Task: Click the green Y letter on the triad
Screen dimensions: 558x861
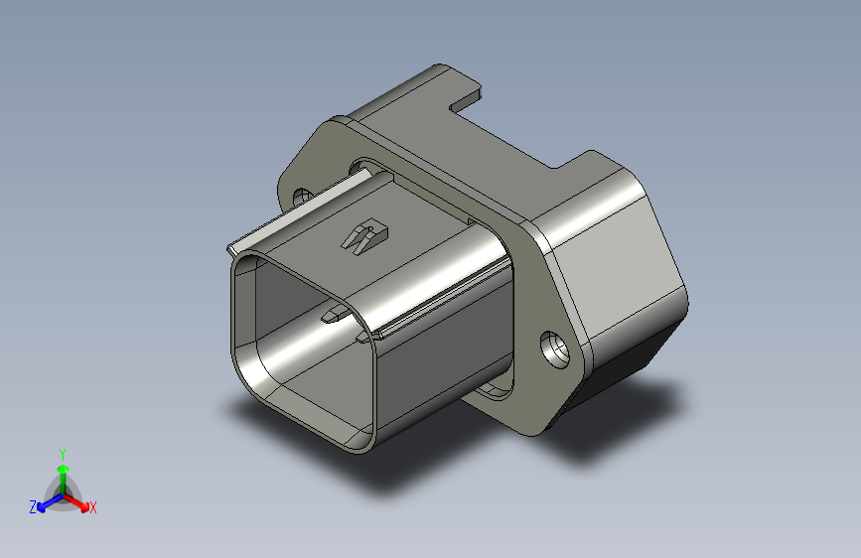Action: coord(62,453)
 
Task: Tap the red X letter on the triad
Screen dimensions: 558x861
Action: coord(93,507)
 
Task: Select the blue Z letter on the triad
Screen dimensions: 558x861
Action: coord(33,506)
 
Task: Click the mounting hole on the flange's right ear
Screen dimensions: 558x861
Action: coord(553,349)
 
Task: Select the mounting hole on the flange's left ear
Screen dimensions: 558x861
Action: coord(302,196)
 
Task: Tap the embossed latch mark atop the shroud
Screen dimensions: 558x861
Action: coord(364,236)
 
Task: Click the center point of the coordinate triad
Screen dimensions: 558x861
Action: coord(63,493)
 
